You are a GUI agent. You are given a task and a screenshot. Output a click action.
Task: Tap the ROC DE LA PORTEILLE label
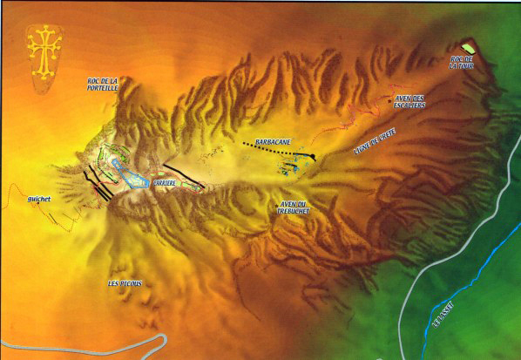point(114,85)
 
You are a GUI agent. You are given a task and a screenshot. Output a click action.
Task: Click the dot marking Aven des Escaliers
point(389,101)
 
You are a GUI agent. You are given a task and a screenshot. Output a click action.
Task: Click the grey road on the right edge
point(488,200)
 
